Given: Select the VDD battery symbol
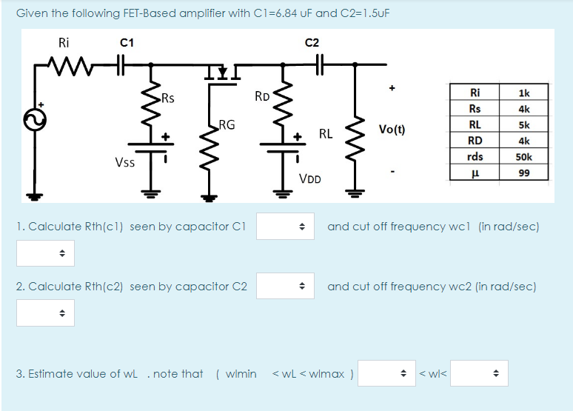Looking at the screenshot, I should coord(282,148).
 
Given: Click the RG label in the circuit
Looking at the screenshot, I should coord(227,125).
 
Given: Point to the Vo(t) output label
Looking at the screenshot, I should coord(392,129).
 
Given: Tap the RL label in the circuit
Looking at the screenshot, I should coord(325,134).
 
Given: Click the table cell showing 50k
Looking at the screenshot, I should coord(523,157).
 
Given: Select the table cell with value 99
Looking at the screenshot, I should coord(523,173).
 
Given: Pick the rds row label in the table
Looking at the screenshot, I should coord(475,157).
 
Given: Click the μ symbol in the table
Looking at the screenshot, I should coord(475,173).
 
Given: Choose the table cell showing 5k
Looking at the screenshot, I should coord(523,124).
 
